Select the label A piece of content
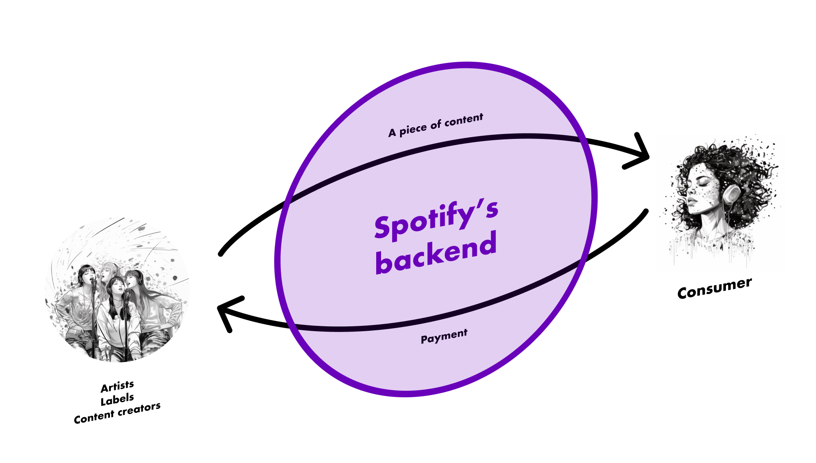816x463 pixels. (436, 125)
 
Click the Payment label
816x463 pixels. (444, 336)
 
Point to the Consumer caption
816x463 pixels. (714, 288)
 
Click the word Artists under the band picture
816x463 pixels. (117, 387)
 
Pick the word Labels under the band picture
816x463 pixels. (117, 400)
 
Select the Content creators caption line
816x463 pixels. (117, 413)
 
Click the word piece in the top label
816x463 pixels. (413, 129)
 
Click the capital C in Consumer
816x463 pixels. (683, 293)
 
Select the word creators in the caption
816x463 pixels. (139, 410)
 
